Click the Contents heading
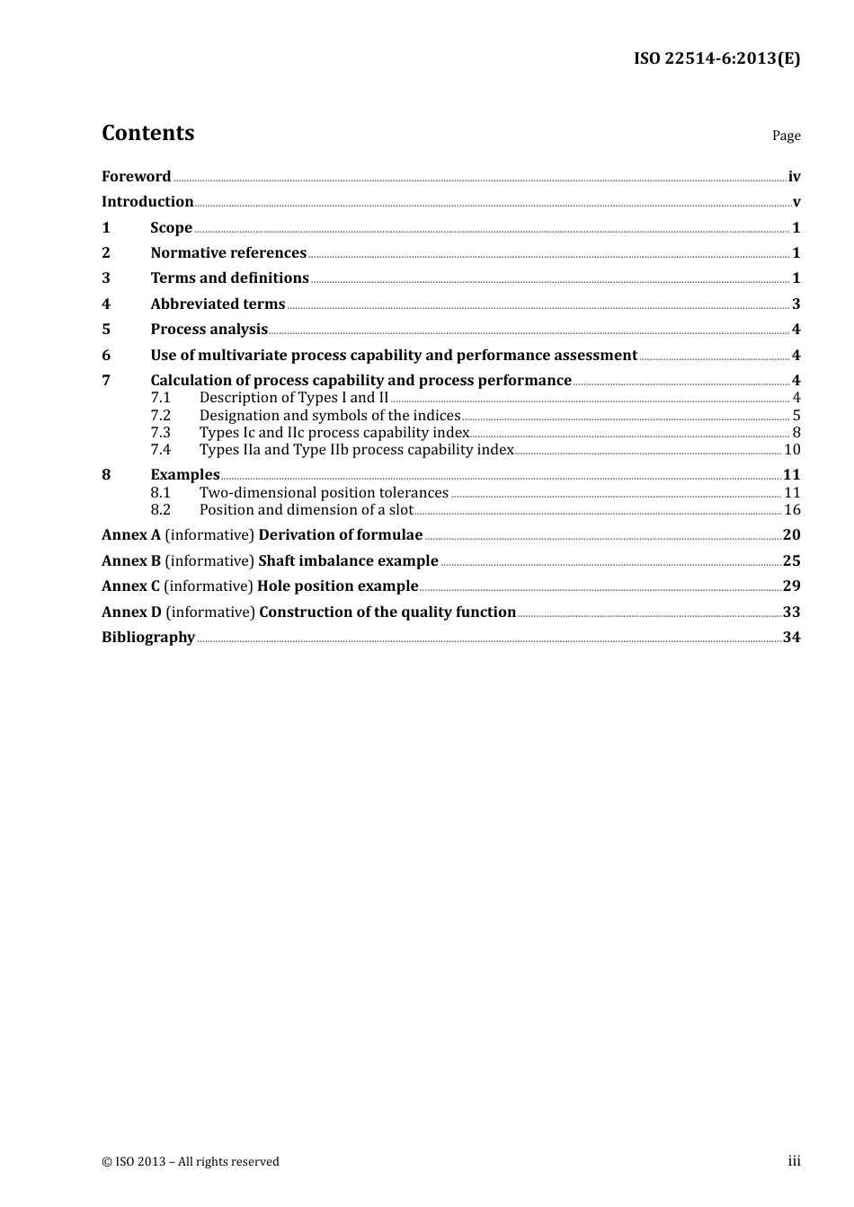click(x=147, y=133)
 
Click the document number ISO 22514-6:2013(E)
click(x=716, y=58)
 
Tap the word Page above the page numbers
click(x=786, y=136)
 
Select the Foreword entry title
click(x=136, y=177)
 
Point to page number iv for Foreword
click(x=794, y=177)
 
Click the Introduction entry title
click(x=147, y=202)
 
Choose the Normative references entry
click(x=228, y=253)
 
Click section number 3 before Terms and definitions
click(x=106, y=278)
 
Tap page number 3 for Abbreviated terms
click(x=796, y=304)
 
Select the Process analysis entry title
click(x=209, y=330)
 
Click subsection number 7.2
click(x=161, y=416)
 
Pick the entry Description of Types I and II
click(x=294, y=398)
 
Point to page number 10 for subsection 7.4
click(x=792, y=450)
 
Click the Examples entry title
click(x=185, y=475)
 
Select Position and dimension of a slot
click(x=306, y=510)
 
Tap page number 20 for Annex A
click(x=791, y=535)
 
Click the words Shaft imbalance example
click(x=348, y=561)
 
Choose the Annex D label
click(x=131, y=612)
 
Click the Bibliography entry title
click(x=148, y=638)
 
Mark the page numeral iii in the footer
click(x=794, y=1161)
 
